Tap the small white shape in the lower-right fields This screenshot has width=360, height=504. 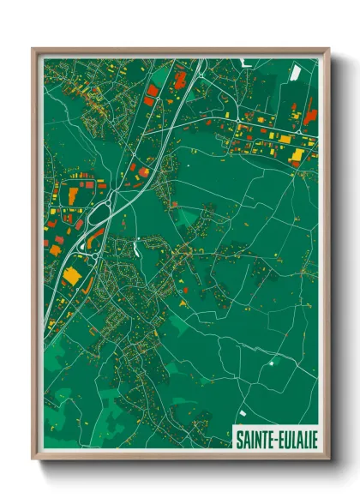click(273, 362)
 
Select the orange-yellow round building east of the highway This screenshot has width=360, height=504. click(144, 171)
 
